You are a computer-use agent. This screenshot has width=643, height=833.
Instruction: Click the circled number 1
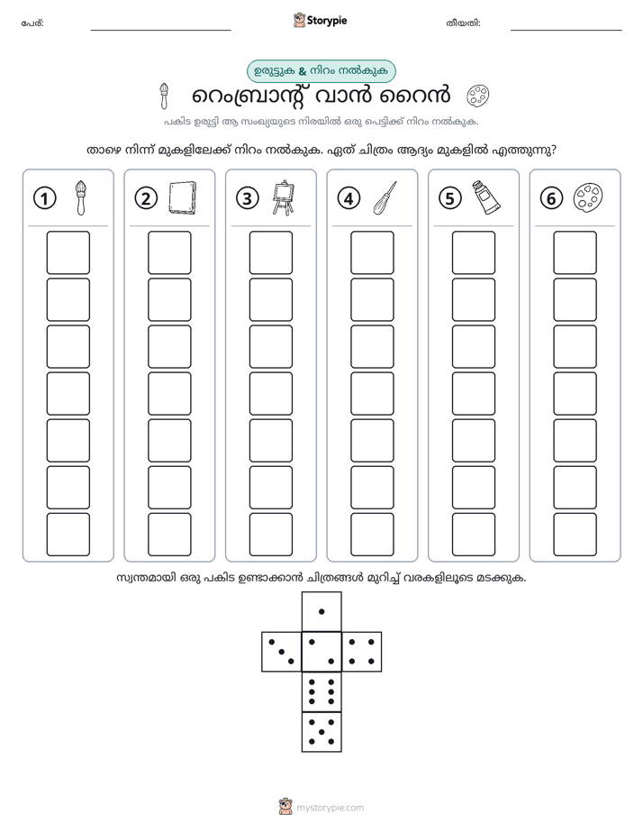click(x=44, y=198)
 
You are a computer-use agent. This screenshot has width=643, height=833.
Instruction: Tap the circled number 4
click(x=349, y=198)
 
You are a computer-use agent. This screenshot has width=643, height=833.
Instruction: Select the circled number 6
click(x=551, y=198)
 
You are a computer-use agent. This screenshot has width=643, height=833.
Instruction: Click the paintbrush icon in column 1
click(x=80, y=197)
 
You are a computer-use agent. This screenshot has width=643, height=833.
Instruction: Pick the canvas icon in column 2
click(x=182, y=197)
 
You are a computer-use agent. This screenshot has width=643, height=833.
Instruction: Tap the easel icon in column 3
click(x=284, y=197)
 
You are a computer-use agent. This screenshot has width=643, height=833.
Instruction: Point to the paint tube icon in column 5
click(x=486, y=197)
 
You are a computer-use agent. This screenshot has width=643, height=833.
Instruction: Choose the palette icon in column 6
click(x=588, y=197)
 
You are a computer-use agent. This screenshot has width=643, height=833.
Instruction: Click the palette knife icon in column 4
click(x=385, y=197)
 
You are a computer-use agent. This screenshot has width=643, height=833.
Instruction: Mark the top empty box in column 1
click(x=68, y=252)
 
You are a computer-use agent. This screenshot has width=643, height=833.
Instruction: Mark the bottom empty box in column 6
click(x=575, y=535)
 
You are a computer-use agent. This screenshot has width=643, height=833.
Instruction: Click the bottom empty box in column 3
click(x=270, y=535)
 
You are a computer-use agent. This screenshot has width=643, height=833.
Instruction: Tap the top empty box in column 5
click(x=474, y=252)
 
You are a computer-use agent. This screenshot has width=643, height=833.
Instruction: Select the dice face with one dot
click(x=321, y=611)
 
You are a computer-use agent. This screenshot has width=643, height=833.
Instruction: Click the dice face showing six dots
click(x=321, y=691)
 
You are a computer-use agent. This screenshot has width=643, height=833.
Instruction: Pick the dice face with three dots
click(x=282, y=652)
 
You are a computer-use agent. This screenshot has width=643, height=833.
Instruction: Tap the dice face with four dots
click(x=362, y=652)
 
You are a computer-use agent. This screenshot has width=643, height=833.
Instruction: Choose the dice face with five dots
click(x=321, y=732)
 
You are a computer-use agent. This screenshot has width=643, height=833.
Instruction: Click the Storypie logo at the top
click(x=320, y=21)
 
